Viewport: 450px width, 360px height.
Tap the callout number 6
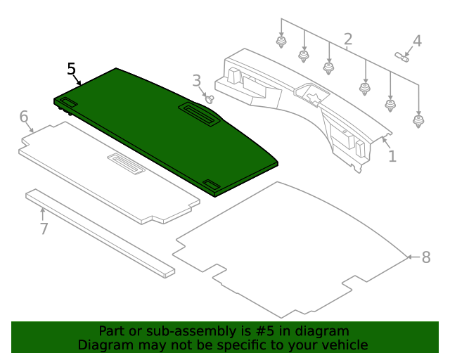(x=23, y=116)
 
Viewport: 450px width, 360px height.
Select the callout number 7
(x=44, y=229)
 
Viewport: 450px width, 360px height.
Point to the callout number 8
(x=425, y=257)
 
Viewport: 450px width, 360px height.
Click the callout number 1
(x=392, y=156)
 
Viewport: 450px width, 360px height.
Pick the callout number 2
(x=347, y=39)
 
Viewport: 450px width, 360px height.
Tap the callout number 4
(x=417, y=41)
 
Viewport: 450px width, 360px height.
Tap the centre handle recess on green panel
(x=200, y=112)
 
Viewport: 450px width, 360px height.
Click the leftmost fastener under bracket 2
(x=281, y=42)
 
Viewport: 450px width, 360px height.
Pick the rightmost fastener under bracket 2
(x=419, y=121)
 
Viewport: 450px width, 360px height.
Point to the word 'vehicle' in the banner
(x=345, y=345)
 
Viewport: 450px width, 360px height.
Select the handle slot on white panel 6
(x=126, y=163)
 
